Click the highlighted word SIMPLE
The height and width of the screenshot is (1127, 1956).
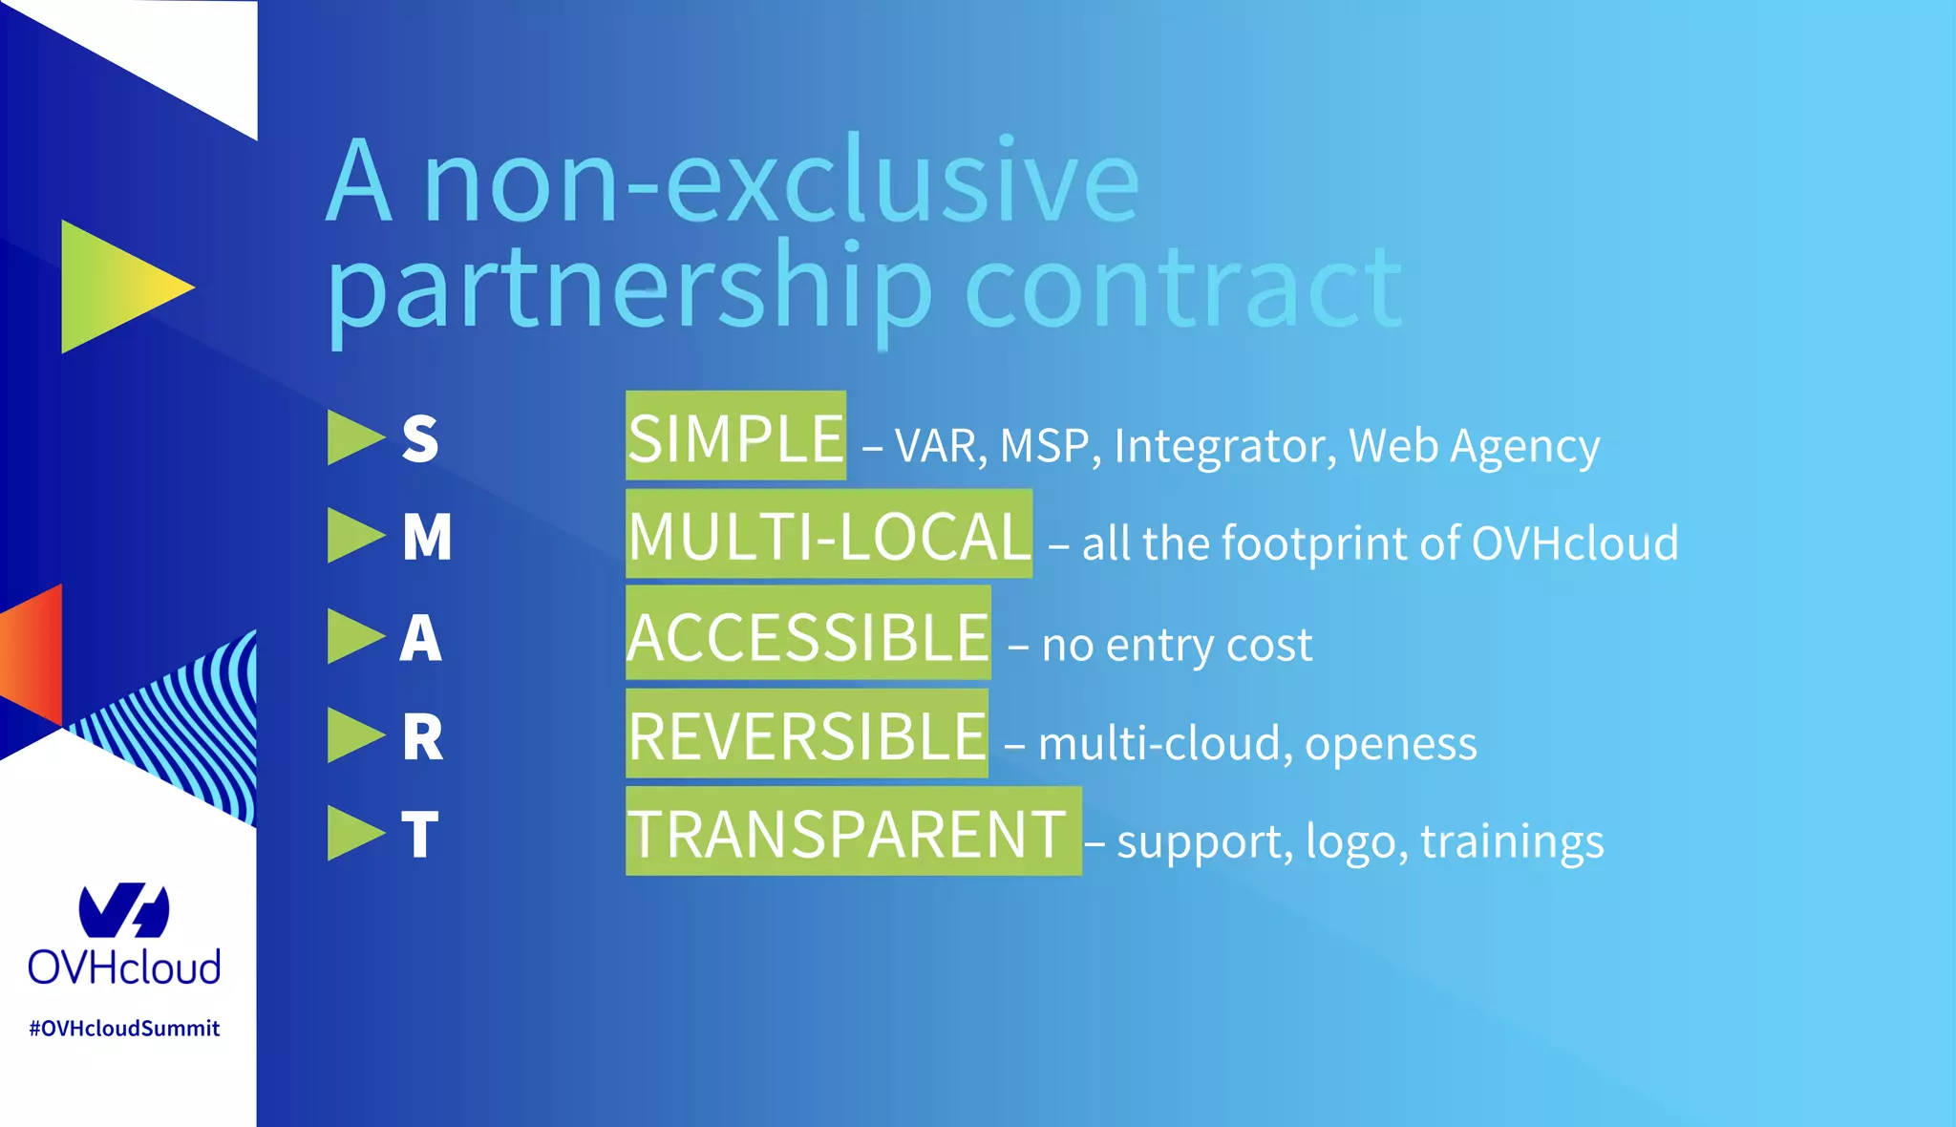[x=735, y=437]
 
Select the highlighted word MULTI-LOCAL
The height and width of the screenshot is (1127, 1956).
[x=829, y=536]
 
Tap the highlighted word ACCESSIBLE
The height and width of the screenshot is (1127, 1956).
[x=808, y=636]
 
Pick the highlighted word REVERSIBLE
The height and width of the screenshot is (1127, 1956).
[x=807, y=735]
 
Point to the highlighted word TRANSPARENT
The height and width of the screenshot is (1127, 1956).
[x=848, y=834]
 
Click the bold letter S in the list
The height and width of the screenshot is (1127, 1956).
[x=420, y=439]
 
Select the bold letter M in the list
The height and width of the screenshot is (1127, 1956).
[x=427, y=537]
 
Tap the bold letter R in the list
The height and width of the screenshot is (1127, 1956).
[x=422, y=737]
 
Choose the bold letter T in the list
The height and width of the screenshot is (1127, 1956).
[x=420, y=835]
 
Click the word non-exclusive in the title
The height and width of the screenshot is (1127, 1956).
[x=781, y=181]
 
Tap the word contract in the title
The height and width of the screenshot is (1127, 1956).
[x=1182, y=287]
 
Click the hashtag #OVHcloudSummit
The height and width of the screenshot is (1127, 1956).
[x=124, y=1029]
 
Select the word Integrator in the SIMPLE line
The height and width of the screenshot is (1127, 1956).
[x=1224, y=446]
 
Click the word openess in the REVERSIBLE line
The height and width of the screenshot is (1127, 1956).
[x=1391, y=744]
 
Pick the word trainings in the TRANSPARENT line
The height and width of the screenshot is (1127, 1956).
[x=1512, y=842]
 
